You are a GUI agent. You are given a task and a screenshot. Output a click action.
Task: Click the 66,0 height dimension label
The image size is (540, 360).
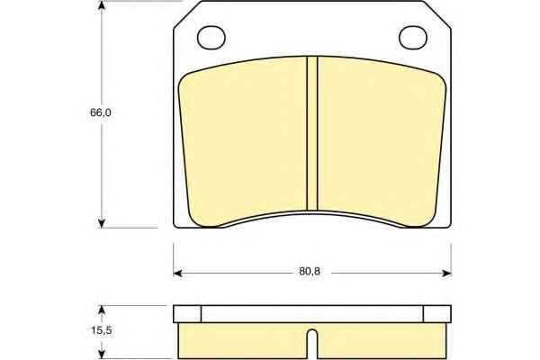pyautogui.click(x=101, y=112)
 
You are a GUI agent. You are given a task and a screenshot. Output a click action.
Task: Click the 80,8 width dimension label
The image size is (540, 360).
pyautogui.click(x=310, y=272)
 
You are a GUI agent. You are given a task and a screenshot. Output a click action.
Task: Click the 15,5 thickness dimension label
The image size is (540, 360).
pyautogui.click(x=101, y=330)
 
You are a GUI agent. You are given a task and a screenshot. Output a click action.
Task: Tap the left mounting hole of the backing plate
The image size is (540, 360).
pyautogui.click(x=211, y=37)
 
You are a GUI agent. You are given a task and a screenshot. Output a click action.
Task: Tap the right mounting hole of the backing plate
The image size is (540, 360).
pyautogui.click(x=413, y=37)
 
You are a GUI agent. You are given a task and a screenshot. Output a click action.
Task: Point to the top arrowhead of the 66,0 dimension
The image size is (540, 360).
pyautogui.click(x=101, y=5)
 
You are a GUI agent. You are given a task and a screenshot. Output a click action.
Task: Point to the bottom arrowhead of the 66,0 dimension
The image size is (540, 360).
pyautogui.click(x=101, y=223)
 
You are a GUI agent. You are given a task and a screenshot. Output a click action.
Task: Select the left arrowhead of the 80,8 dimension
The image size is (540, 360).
pyautogui.click(x=177, y=274)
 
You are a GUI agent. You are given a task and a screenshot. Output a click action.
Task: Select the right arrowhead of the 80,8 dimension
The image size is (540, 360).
pyautogui.click(x=446, y=274)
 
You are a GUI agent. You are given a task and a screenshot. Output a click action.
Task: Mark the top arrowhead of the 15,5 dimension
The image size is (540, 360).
pyautogui.click(x=101, y=310)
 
